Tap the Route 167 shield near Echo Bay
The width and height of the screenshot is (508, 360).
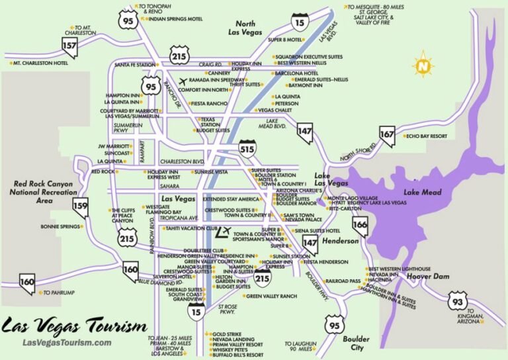[x=386, y=136]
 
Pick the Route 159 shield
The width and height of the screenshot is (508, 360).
[x=80, y=206]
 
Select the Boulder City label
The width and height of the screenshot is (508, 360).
[x=356, y=343]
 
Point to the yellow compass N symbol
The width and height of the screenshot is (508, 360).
[x=421, y=66]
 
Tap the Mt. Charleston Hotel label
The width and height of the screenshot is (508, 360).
[x=40, y=63]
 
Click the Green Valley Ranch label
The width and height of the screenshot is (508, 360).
[x=271, y=296]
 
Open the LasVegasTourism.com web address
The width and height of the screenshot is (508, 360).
[x=67, y=342]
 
